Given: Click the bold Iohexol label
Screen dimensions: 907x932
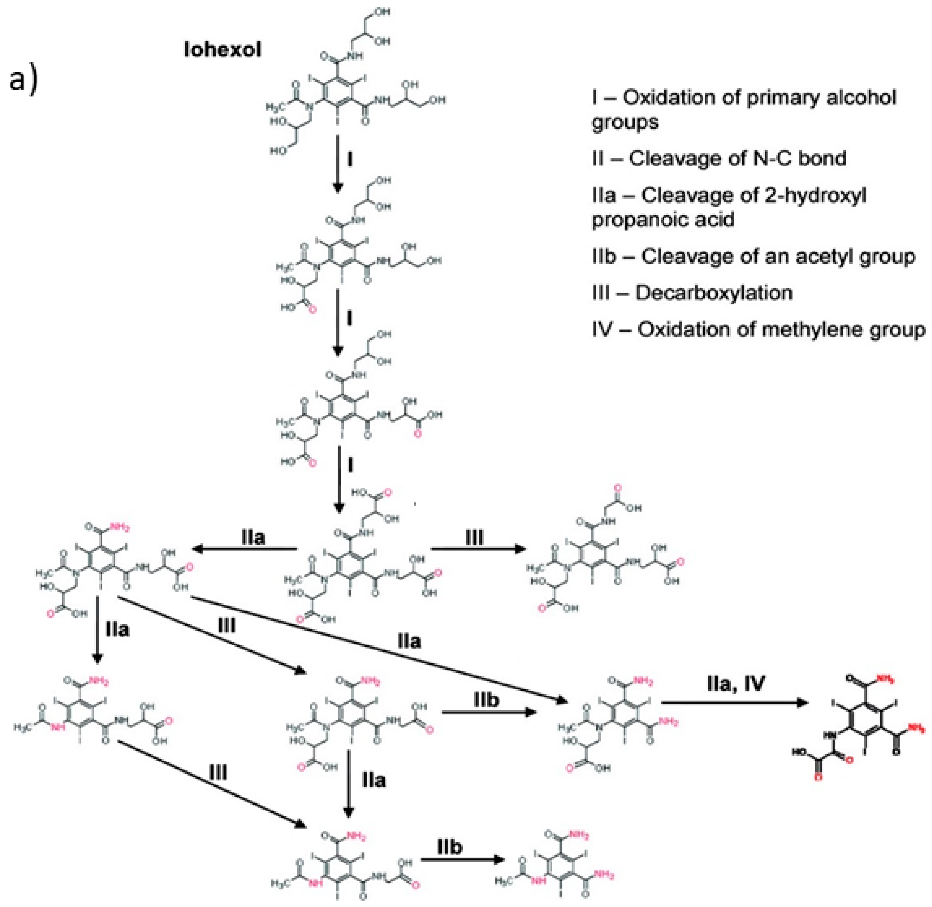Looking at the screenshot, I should click(x=223, y=49).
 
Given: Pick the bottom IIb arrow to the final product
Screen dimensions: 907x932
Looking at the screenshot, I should click(x=462, y=859).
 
